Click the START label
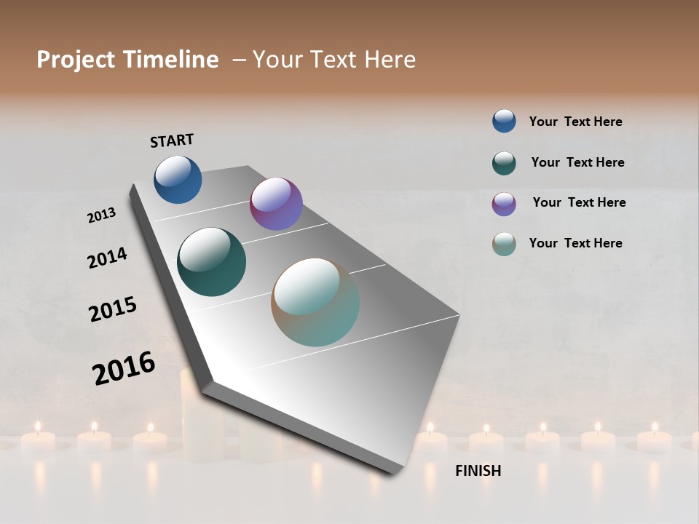point(172,140)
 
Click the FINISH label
point(478,471)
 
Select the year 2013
point(101,215)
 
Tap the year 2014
point(107,258)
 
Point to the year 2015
point(113,309)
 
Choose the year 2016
point(124,368)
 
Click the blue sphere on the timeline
point(178,179)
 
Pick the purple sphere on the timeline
point(276,204)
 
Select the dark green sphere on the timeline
point(211,262)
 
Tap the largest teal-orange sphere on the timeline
point(315,302)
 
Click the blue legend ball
point(504,121)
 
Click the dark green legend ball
point(504,163)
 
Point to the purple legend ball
point(504,204)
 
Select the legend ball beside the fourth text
point(504,244)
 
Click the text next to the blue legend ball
point(575,122)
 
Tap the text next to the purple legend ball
point(579,202)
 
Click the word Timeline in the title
point(171,60)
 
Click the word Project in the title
point(75,60)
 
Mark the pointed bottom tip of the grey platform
point(394,473)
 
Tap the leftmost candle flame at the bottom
point(37,426)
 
